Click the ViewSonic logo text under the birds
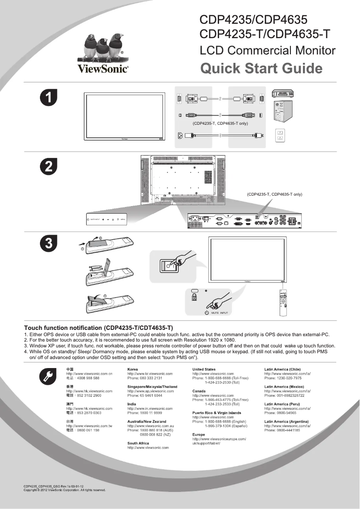click(103, 69)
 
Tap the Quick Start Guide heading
click(261, 69)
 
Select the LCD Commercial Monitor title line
click(267, 50)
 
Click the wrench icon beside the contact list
click(48, 377)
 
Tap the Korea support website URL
click(150, 373)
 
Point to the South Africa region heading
click(138, 443)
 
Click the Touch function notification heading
click(98, 328)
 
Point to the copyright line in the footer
click(65, 490)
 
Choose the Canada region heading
click(199, 391)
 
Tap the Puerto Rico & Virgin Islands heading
click(216, 412)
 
